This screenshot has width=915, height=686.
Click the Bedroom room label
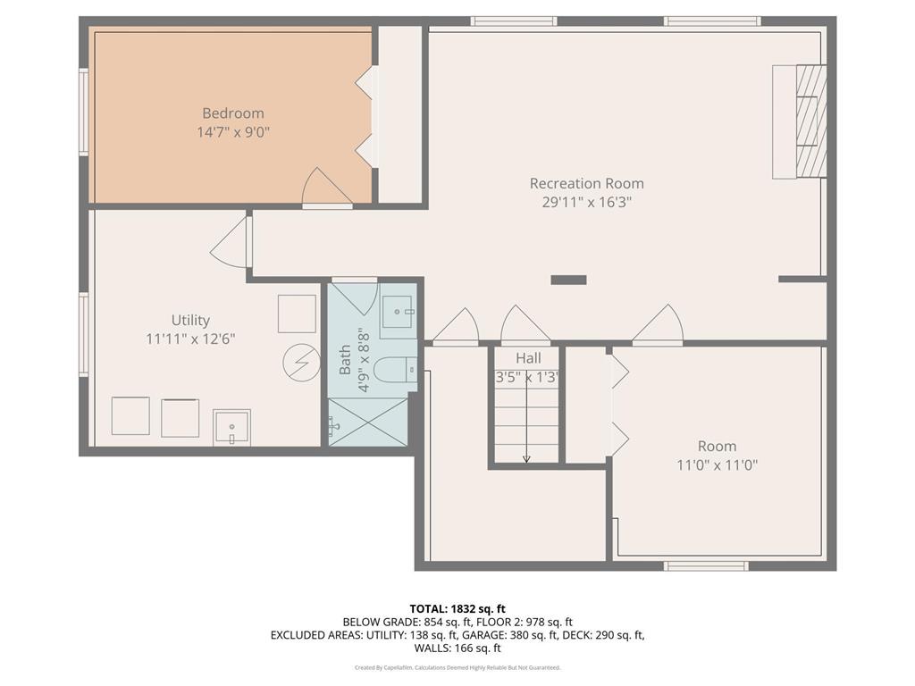[232, 113]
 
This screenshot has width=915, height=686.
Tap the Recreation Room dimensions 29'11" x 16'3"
[586, 203]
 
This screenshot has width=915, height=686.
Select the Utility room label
[190, 320]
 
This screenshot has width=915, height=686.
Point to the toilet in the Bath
[394, 369]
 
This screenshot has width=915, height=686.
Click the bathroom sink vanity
[398, 312]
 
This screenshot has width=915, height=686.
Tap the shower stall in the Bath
[367, 422]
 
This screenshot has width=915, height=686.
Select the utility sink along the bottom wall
[231, 428]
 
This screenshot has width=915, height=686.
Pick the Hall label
[528, 358]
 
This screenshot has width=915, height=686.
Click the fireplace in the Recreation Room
[800, 121]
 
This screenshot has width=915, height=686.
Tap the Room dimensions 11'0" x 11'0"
[717, 465]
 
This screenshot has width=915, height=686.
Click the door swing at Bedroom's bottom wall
[325, 188]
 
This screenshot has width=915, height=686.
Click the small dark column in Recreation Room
[568, 280]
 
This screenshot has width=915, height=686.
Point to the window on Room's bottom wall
[706, 565]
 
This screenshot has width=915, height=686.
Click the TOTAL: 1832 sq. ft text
[457, 609]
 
